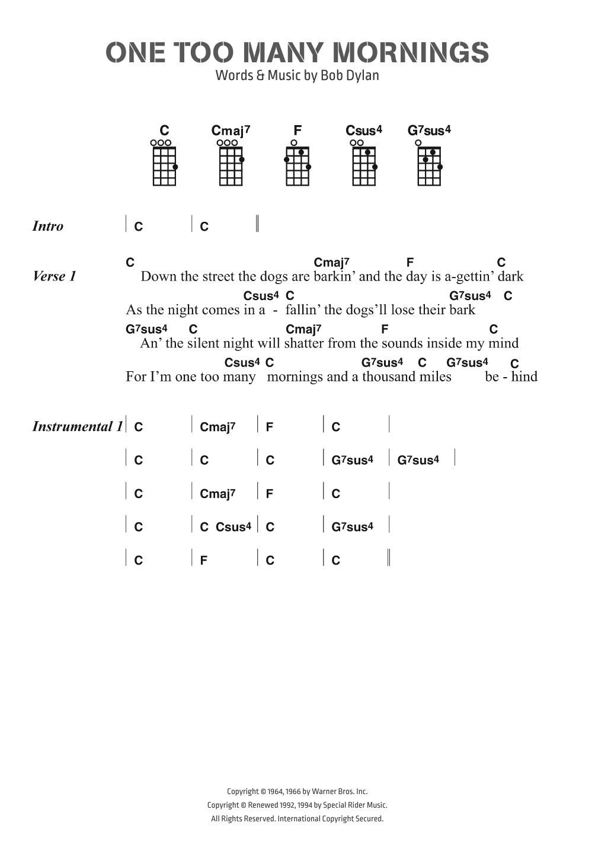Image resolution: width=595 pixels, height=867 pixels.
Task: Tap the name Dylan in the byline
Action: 362,75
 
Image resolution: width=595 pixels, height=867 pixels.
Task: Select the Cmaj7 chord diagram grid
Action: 231,166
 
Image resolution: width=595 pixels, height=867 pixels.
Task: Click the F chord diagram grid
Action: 297,166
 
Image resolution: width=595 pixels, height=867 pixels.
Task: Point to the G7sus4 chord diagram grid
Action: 430,166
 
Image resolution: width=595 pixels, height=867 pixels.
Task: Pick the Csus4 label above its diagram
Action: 364,130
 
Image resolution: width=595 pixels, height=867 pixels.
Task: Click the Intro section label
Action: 48,226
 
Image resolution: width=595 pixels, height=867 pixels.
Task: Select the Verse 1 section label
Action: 55,276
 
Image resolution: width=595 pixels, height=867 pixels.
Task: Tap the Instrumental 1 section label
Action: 78,426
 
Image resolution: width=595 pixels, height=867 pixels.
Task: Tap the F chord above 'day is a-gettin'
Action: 410,262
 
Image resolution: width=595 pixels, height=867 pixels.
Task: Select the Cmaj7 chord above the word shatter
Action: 303,329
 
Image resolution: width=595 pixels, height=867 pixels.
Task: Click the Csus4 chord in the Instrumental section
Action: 233,527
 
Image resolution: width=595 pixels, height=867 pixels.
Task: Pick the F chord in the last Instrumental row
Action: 204,560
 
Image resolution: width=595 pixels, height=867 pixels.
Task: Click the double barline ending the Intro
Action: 257,224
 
